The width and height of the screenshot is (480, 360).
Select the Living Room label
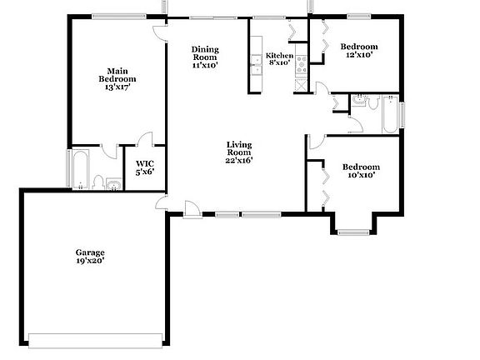(x=239, y=152)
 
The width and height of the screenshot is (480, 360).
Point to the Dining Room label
(x=205, y=57)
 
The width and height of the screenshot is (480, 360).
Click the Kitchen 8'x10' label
(x=279, y=58)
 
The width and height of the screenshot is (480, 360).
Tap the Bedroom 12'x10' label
(x=359, y=50)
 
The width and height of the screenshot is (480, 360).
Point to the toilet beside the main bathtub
(x=98, y=182)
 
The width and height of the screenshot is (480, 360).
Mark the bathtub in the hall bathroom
(x=390, y=116)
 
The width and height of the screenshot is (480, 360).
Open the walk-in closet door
(x=147, y=139)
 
